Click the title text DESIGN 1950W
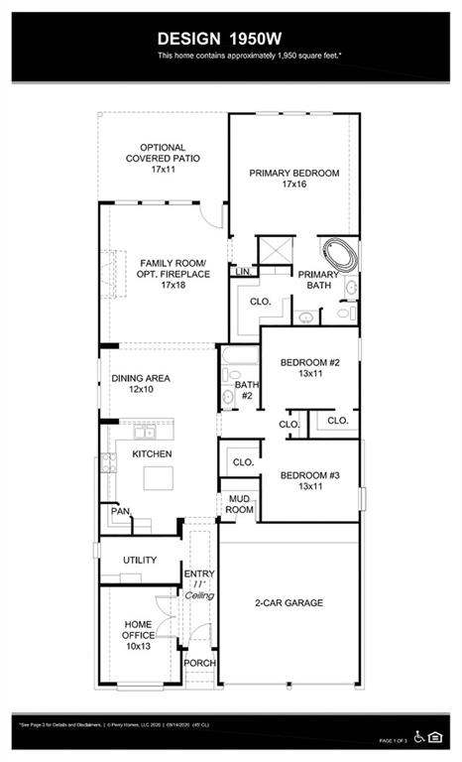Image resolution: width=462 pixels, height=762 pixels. (x=230, y=38)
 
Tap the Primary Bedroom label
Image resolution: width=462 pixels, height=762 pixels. (x=293, y=173)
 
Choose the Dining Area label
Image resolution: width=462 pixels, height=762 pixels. (x=140, y=378)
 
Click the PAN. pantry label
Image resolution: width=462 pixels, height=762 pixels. (x=120, y=512)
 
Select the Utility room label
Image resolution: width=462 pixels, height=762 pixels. (x=140, y=561)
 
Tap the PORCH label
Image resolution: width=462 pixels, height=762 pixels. (x=200, y=663)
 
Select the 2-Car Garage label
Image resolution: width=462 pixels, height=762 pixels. (x=289, y=602)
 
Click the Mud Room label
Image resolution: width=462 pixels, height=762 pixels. (x=240, y=503)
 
